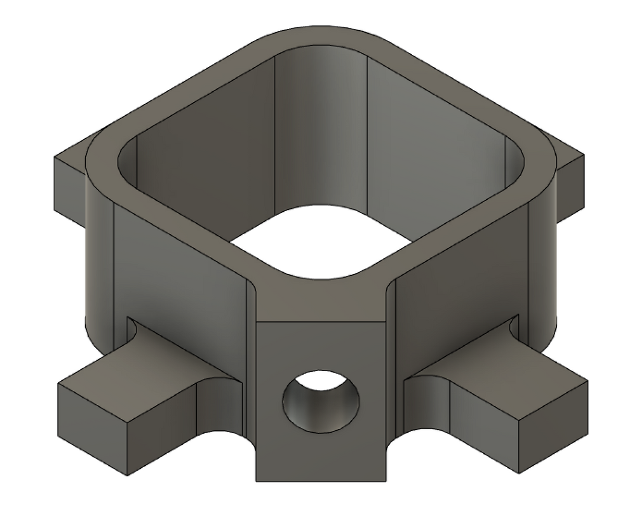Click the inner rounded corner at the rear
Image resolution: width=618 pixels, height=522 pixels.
click(320, 121)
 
